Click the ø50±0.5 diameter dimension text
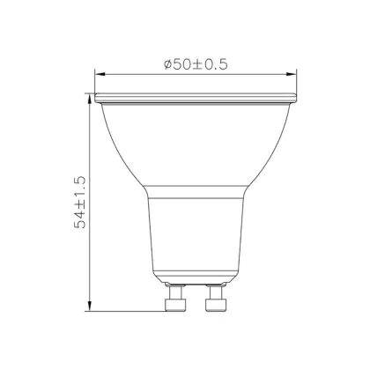pos(196,64)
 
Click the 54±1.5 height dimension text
pos(80,202)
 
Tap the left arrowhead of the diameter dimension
pos(100,74)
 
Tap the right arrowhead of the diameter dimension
pos(292,74)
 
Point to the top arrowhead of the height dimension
pos(90,99)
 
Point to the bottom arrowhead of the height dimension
pos(90,306)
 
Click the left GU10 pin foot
pos(175,305)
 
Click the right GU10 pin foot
pos(216,305)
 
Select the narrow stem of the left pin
pos(175,292)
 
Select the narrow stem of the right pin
pos(216,292)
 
